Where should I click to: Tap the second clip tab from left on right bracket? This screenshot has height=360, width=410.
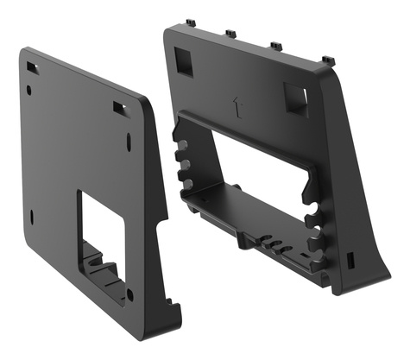pyautogui.click(x=230, y=35)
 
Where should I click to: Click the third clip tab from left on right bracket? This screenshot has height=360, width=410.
pyautogui.click(x=276, y=45)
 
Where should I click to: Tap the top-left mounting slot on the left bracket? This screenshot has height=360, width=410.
pyautogui.click(x=31, y=66)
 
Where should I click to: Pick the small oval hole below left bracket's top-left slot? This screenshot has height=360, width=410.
pyautogui.click(x=28, y=89)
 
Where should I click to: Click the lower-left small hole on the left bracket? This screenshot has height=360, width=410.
pyautogui.click(x=31, y=217)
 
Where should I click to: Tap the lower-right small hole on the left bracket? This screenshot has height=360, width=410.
pyautogui.click(x=129, y=294)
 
